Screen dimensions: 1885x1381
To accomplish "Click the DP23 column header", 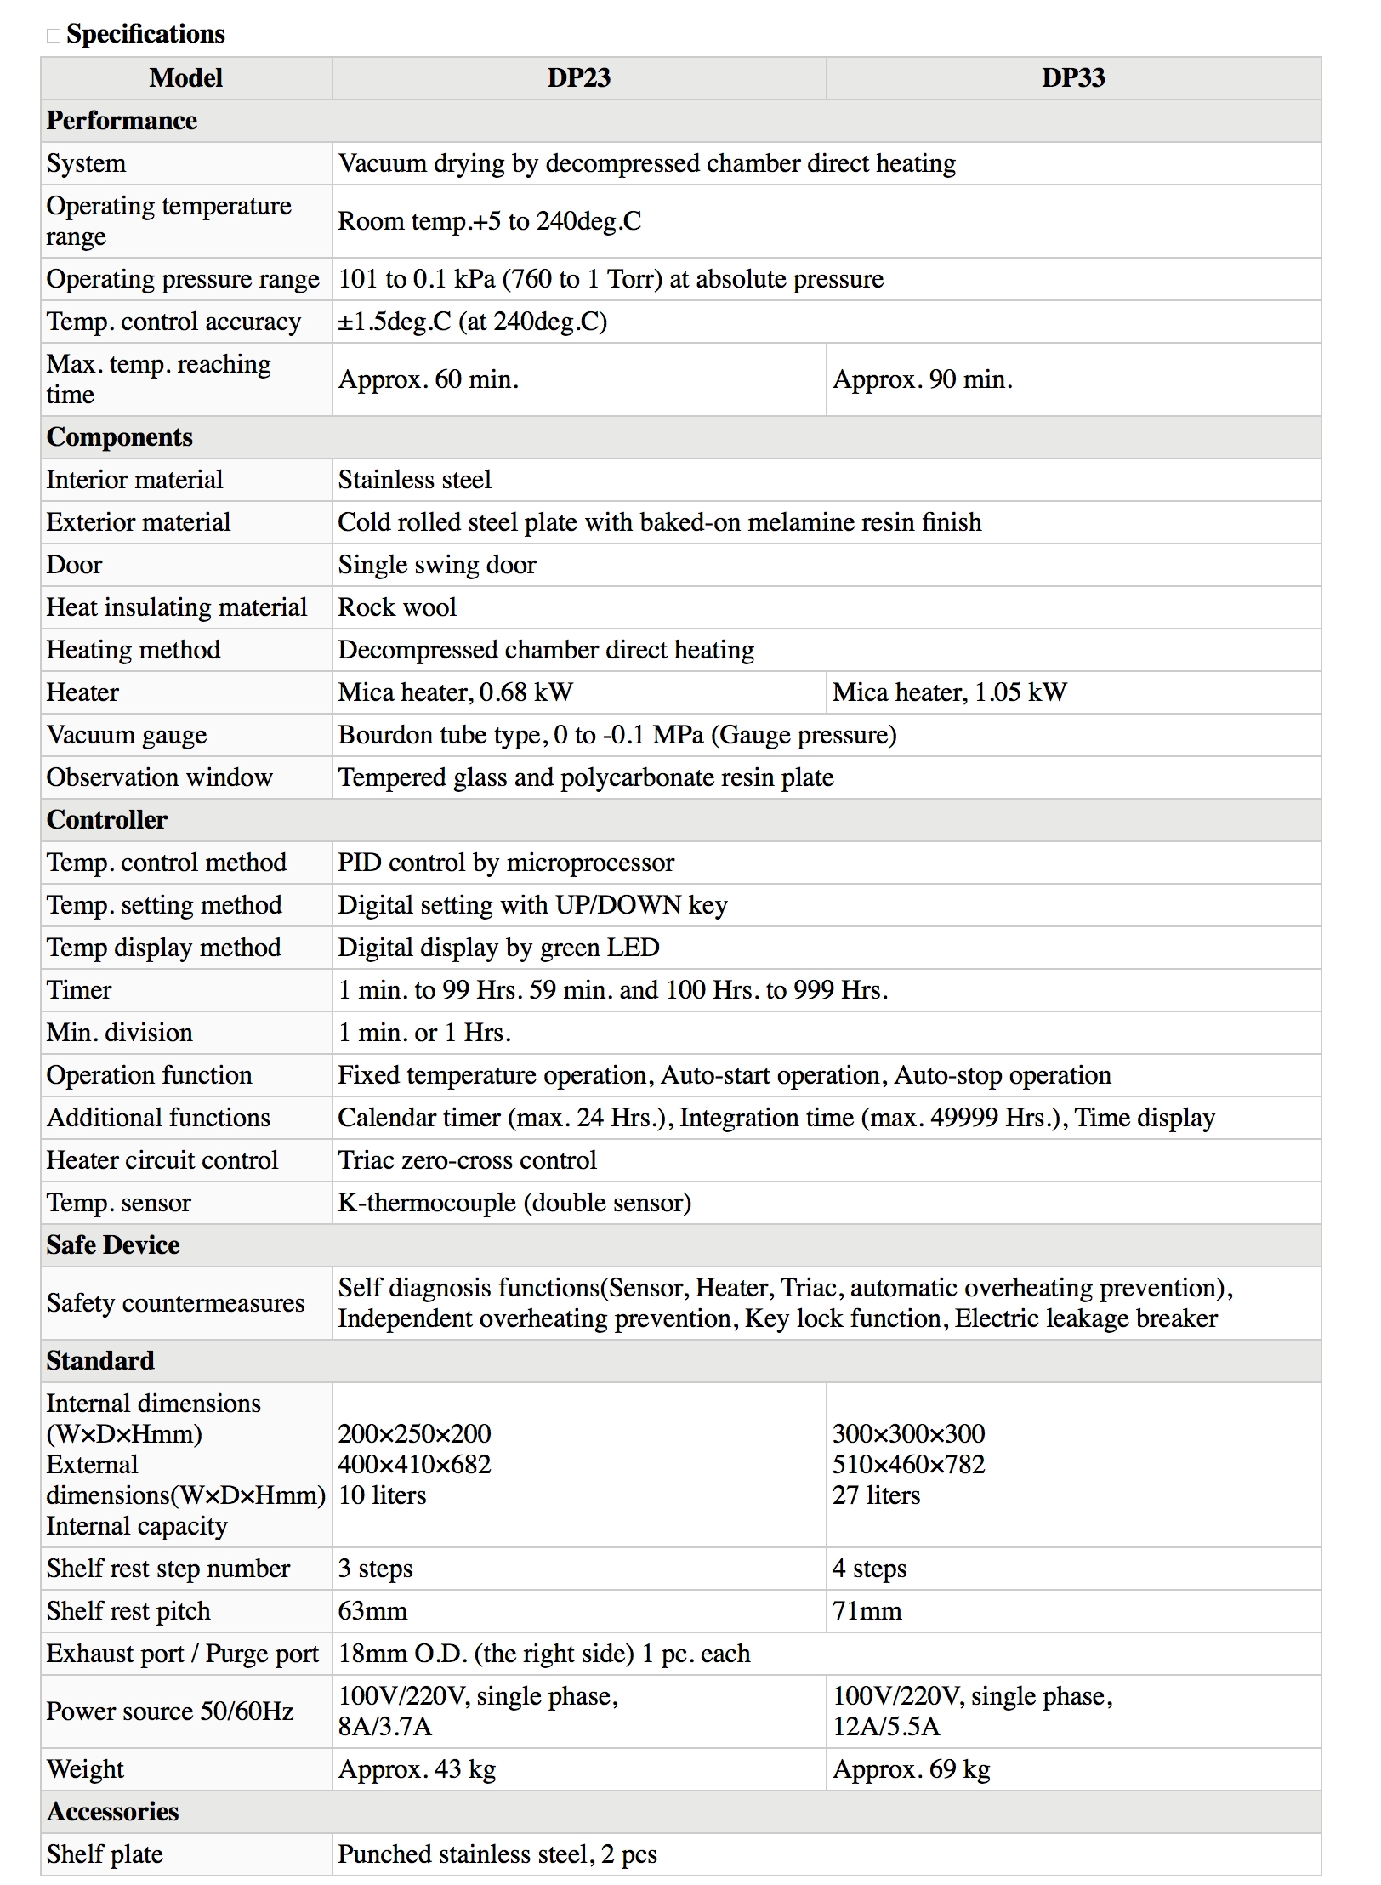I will click(x=578, y=78).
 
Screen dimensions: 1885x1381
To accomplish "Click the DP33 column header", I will click(x=1072, y=78).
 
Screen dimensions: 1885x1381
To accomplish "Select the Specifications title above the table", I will click(x=145, y=34).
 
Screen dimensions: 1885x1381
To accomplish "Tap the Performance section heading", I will click(x=122, y=121).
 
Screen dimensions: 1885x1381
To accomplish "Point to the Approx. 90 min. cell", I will click(x=923, y=379).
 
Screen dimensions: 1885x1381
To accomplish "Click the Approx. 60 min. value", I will click(x=429, y=379).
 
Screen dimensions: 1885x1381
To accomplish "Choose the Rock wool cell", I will click(x=397, y=607).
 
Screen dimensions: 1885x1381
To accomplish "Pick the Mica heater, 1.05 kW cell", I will click(x=949, y=692).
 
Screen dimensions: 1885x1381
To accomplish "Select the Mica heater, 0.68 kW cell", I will click(x=456, y=692).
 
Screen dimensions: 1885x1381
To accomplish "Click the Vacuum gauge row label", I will click(x=127, y=735).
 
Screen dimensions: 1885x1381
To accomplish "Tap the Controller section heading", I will click(x=107, y=820).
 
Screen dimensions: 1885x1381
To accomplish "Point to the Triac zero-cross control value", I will click(x=467, y=1160).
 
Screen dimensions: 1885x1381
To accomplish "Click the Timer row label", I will click(x=79, y=990).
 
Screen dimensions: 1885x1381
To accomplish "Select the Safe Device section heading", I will click(x=113, y=1245).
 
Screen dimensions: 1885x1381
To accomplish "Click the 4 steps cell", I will click(x=869, y=1569).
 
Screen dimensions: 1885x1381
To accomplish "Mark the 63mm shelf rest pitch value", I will click(x=372, y=1611).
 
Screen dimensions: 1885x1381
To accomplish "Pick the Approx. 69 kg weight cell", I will click(x=912, y=1769).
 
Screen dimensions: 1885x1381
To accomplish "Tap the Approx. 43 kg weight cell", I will click(x=417, y=1769).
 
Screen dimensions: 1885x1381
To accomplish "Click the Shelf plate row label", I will click(x=105, y=1854).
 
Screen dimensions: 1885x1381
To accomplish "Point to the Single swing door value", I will click(x=437, y=565).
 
